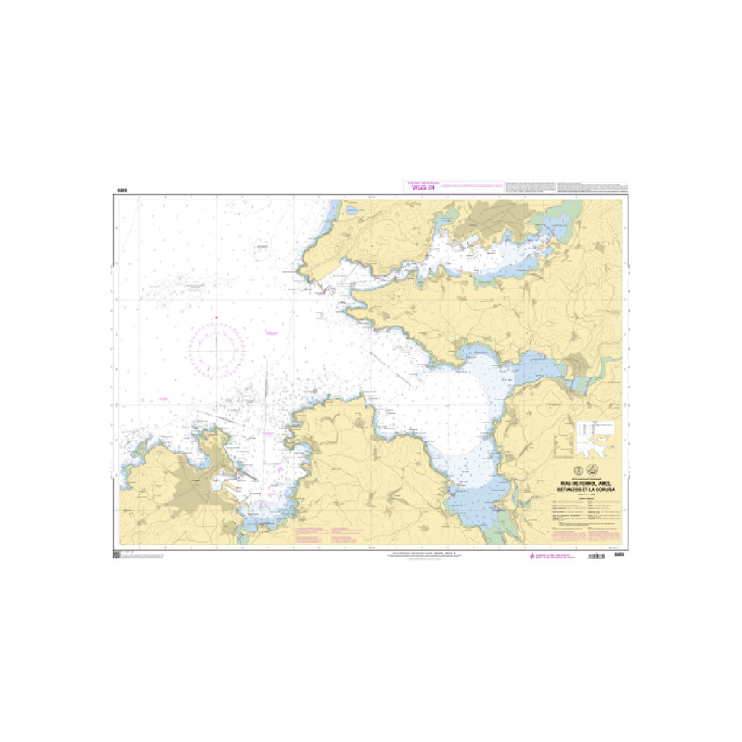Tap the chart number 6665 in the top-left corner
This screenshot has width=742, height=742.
[122, 190]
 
